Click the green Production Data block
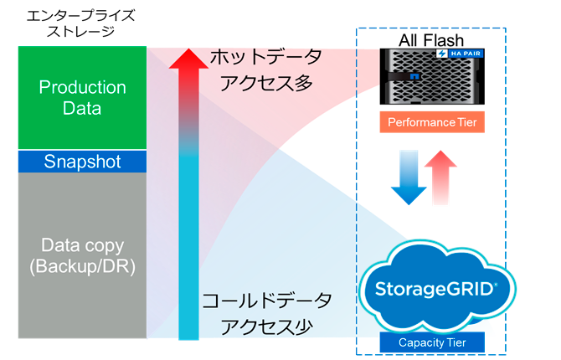click(x=82, y=98)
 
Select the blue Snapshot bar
click(x=82, y=162)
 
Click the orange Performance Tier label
click(x=432, y=122)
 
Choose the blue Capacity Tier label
click(x=432, y=342)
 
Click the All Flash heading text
click(x=433, y=40)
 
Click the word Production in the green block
click(x=82, y=88)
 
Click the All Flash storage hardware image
click(x=432, y=78)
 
